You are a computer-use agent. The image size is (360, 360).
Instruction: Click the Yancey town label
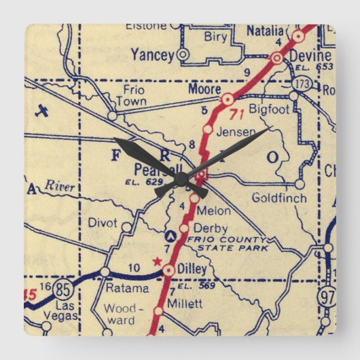153,53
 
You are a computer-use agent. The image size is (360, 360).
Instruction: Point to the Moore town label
204,89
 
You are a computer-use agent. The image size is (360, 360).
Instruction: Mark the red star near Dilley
158,261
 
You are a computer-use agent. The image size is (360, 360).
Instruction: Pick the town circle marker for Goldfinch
300,184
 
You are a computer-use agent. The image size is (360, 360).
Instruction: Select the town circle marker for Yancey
183,54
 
